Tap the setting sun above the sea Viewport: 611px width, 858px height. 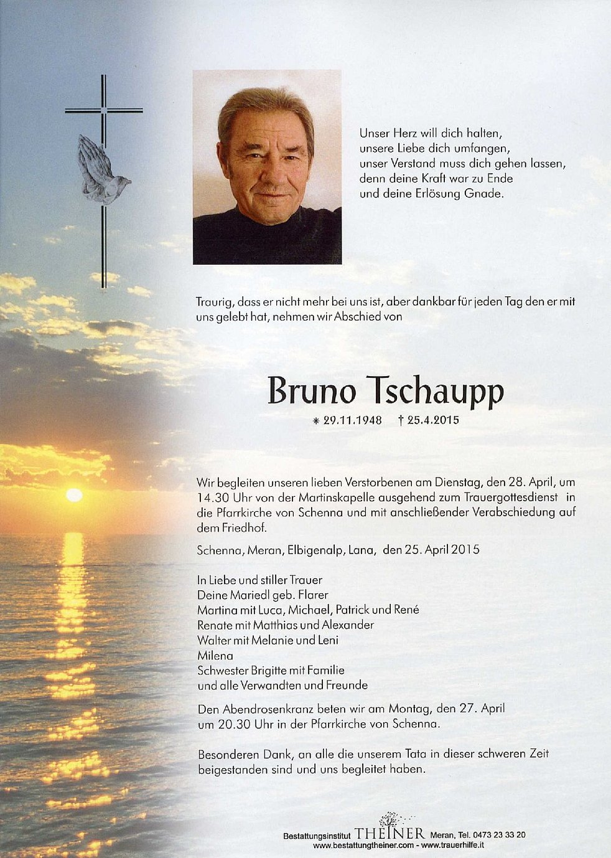(x=74, y=495)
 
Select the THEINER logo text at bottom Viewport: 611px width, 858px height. (x=390, y=834)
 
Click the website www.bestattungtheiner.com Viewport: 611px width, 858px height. (x=363, y=846)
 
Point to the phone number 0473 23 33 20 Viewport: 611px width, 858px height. (x=495, y=835)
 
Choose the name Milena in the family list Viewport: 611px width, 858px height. (x=215, y=655)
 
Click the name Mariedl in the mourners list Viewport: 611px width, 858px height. (x=245, y=595)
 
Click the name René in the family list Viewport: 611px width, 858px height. (x=406, y=610)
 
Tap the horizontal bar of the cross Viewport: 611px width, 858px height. (x=104, y=111)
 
